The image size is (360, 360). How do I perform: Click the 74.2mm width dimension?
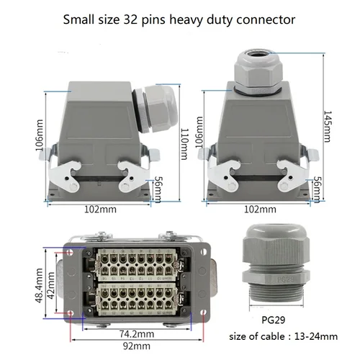(x=135, y=334)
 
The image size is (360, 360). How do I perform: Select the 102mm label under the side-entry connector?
(x=100, y=210)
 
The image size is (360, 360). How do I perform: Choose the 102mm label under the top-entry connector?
(x=260, y=210)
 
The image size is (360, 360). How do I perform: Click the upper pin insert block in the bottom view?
(x=135, y=263)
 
